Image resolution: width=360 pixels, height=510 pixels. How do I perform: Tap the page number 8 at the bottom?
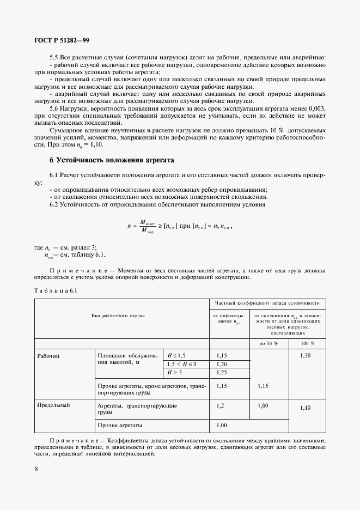tap(36, 468)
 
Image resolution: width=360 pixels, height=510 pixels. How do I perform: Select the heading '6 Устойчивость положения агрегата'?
tap(112, 161)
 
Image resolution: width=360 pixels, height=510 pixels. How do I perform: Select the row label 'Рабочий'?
tap(48, 356)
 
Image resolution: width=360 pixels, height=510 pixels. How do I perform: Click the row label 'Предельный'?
tap(53, 405)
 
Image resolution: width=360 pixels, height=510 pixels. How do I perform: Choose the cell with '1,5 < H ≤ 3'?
tap(181, 364)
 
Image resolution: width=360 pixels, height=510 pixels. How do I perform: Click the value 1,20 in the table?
tap(222, 364)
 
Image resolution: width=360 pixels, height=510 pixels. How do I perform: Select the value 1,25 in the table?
tap(222, 372)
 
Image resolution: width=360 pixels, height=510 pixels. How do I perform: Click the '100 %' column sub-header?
tap(308, 343)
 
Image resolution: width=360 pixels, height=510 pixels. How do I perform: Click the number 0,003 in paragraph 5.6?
tap(316, 109)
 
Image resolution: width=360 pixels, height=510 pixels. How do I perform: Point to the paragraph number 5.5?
tap(55, 58)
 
